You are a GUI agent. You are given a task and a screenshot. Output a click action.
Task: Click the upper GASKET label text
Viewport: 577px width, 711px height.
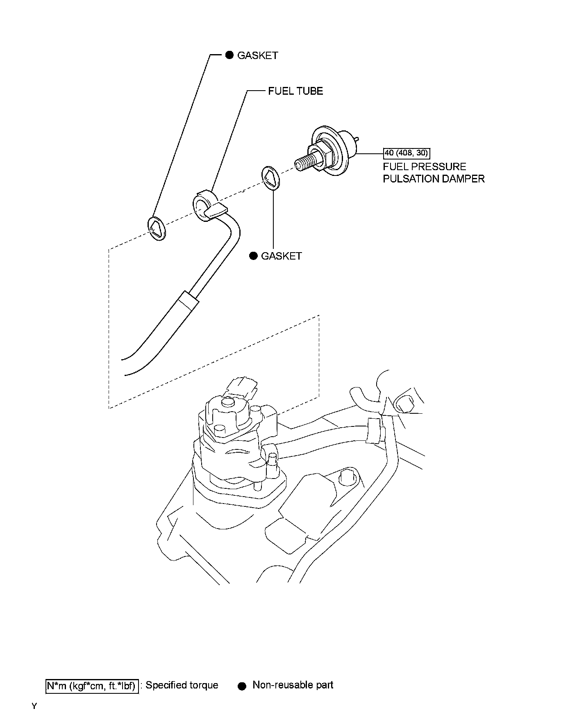click(257, 55)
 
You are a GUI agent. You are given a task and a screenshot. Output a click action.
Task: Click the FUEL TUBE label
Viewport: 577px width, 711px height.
click(295, 91)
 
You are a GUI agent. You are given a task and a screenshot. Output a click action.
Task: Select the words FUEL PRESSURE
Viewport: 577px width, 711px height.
click(424, 167)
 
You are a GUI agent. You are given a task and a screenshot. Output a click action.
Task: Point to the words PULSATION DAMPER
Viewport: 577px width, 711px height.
click(434, 179)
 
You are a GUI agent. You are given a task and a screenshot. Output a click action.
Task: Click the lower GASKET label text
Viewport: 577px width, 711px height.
click(281, 256)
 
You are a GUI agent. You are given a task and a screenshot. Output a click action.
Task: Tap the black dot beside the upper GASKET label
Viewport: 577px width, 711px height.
click(229, 55)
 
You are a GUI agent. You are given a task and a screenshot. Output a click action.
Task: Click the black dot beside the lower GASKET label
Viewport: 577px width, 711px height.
click(254, 256)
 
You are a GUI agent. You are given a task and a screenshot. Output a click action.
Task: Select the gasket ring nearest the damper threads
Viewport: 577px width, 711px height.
click(270, 178)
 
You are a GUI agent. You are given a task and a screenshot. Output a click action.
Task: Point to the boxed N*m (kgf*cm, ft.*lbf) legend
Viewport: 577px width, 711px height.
click(91, 685)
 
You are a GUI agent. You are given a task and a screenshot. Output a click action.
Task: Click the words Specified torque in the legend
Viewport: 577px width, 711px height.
click(182, 685)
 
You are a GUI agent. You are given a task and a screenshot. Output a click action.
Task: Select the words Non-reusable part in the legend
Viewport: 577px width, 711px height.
click(293, 685)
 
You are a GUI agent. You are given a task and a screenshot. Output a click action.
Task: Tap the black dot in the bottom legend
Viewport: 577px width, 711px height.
click(242, 686)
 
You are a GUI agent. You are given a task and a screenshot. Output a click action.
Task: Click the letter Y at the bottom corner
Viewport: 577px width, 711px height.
click(34, 706)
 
